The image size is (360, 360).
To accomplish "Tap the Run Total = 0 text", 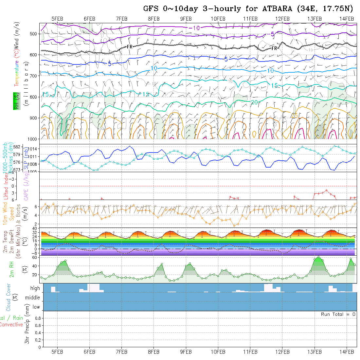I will click(338, 314).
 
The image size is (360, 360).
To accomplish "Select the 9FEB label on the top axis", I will click(186, 19).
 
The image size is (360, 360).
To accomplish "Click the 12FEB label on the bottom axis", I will click(282, 352).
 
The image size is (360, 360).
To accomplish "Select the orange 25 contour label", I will click(294, 116).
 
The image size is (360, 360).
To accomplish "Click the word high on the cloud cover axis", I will click(35, 288).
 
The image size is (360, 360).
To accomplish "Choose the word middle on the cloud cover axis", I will click(33, 297).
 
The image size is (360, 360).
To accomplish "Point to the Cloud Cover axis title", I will click(9, 297).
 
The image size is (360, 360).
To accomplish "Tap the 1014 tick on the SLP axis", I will click(34, 149).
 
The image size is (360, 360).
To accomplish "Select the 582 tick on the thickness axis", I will click(35, 146).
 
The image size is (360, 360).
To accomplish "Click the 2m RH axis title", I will click(12, 269).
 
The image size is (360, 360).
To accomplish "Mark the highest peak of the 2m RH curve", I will click(318, 257).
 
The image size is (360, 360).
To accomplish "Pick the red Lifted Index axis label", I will click(5, 185).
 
